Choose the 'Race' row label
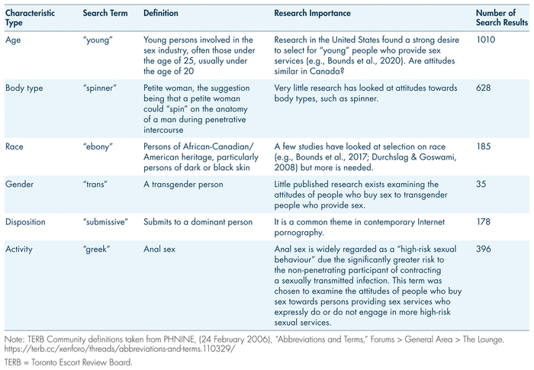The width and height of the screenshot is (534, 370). (14, 145)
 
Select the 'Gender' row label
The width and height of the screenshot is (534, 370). (18, 184)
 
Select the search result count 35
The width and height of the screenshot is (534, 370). (481, 184)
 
